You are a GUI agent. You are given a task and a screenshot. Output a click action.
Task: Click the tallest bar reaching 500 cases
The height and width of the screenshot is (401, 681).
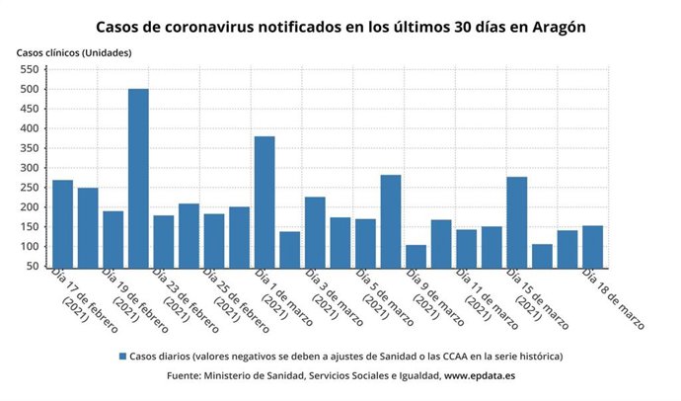pyautogui.click(x=138, y=178)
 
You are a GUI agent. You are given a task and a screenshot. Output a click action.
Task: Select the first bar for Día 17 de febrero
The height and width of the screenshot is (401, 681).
pyautogui.click(x=62, y=223)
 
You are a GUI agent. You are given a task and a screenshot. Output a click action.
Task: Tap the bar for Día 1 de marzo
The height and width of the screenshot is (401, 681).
pyautogui.click(x=265, y=201)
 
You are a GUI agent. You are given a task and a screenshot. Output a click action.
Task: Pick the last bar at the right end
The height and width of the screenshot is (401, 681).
pyautogui.click(x=592, y=246)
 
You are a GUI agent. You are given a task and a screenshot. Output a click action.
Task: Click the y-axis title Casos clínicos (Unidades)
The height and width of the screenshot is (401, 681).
pyautogui.click(x=73, y=51)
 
